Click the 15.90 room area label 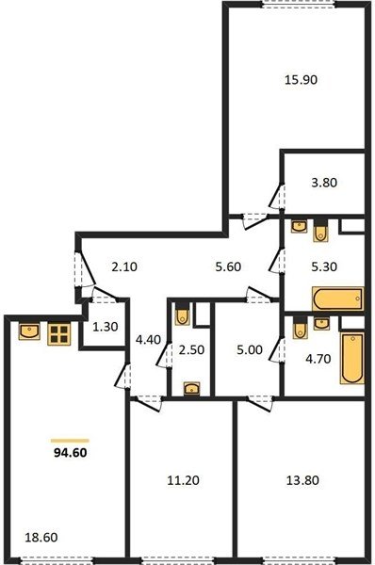[301, 79]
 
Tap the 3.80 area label [324, 183]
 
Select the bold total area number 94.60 [71, 453]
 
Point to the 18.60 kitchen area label [41, 538]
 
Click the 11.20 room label [183, 480]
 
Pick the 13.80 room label [302, 480]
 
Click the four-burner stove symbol [59, 334]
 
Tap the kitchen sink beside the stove [29, 331]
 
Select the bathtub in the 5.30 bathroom [338, 299]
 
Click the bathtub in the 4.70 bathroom [352, 358]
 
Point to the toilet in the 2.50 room [183, 315]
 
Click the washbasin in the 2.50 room [192, 389]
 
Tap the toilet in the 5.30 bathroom [320, 231]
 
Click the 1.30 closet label [106, 327]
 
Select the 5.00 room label [250, 350]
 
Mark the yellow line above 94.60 [70, 441]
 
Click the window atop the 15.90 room [298, 4]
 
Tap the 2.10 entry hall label [124, 267]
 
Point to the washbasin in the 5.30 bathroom [299, 226]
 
